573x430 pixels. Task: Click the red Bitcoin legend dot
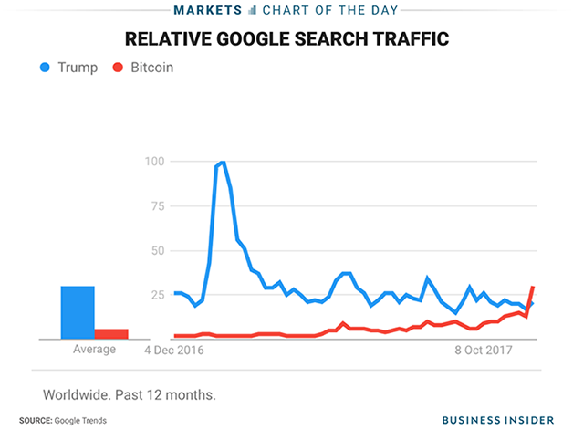coord(117,68)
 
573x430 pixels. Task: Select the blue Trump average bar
coord(78,312)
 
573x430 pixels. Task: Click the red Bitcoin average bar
coord(111,333)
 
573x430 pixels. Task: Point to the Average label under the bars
coord(94,350)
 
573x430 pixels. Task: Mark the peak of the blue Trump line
coord(222,163)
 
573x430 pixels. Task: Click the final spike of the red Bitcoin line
coord(532,288)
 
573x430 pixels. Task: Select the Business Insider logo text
coord(497,420)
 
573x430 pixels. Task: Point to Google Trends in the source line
coord(81,420)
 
